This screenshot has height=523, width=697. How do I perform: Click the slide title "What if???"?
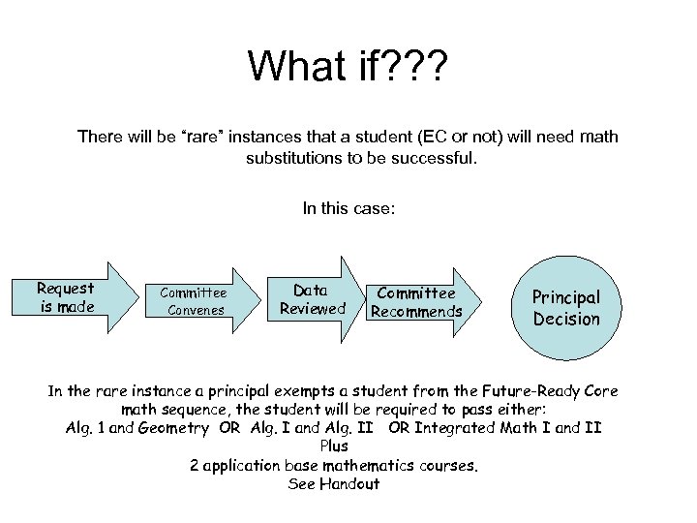point(348,66)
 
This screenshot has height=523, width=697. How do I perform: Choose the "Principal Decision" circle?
point(566,308)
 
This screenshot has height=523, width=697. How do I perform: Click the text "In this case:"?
point(348,207)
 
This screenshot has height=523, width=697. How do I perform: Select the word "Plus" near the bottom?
point(334,446)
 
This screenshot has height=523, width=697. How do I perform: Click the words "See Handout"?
point(334,483)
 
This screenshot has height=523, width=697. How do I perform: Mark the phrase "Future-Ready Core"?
point(552,391)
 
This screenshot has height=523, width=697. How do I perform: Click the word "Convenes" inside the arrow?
point(197,311)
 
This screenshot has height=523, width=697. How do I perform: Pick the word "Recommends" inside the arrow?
point(417,312)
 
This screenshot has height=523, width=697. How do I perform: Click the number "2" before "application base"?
point(195,465)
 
